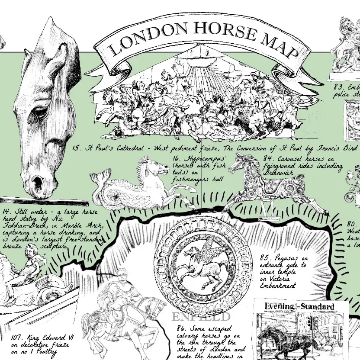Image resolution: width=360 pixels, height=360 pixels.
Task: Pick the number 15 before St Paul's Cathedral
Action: pos(77,148)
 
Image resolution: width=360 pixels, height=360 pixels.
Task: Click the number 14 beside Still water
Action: pos(6,212)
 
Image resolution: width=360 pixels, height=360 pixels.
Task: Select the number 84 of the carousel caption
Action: pos(268,159)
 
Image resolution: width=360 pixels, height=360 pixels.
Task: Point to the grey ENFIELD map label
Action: pos(201,317)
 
